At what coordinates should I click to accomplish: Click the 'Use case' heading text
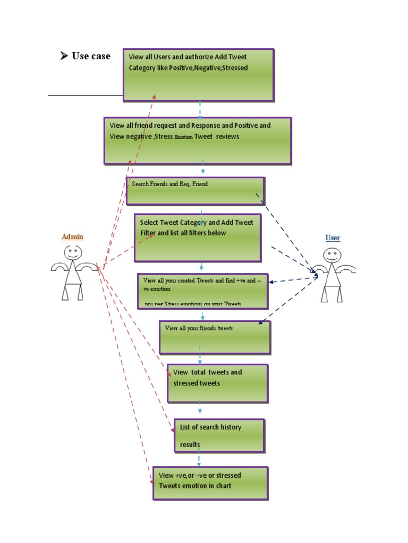pyautogui.click(x=91, y=56)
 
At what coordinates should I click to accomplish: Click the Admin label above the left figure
pyautogui.click(x=72, y=237)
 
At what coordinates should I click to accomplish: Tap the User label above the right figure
pyautogui.click(x=333, y=238)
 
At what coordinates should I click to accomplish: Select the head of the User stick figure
pyautogui.click(x=332, y=256)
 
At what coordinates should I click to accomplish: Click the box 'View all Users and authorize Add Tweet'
pyautogui.click(x=199, y=75)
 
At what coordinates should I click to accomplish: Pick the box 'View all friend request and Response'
pyautogui.click(x=198, y=141)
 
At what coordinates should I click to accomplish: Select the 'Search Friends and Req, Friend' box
pyautogui.click(x=195, y=191)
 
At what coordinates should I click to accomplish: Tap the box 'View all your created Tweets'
pyautogui.click(x=202, y=291)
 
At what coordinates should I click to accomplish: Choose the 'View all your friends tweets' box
pyautogui.click(x=215, y=337)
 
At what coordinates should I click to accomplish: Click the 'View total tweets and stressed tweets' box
pyautogui.click(x=217, y=383)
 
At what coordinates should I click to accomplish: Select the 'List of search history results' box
pyautogui.click(x=219, y=435)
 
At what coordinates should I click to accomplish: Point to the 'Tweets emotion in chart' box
pyautogui.click(x=210, y=483)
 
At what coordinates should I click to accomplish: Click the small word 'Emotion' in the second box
pyautogui.click(x=183, y=137)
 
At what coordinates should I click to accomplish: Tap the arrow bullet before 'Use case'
pyautogui.click(x=64, y=56)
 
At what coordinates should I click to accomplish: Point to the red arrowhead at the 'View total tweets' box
pyautogui.click(x=169, y=373)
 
